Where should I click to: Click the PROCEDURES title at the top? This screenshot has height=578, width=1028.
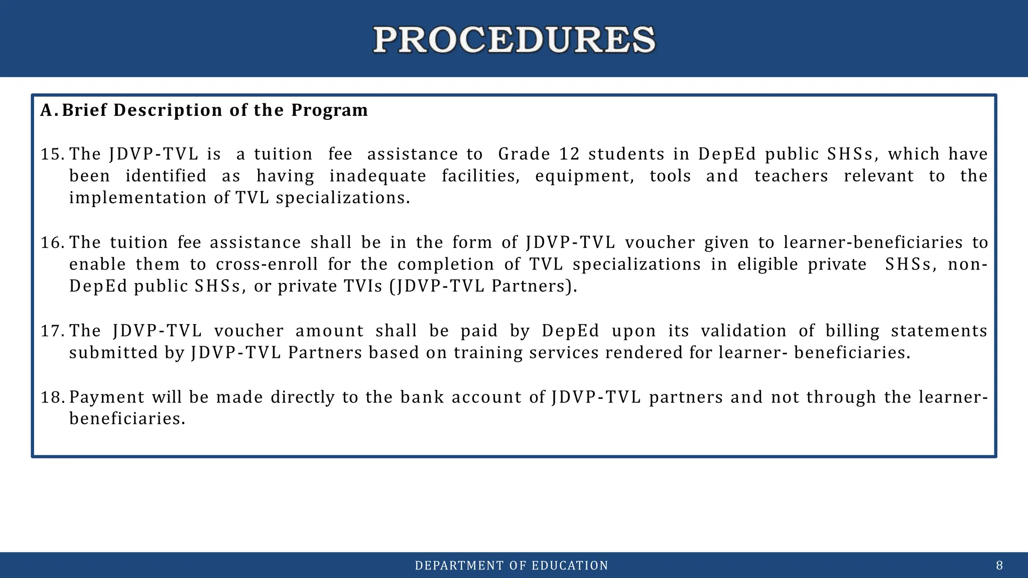pos(514,40)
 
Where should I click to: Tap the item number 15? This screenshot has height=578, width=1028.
pos(52,154)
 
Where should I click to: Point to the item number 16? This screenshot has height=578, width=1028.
pos(52,243)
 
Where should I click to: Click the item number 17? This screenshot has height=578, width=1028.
pos(52,331)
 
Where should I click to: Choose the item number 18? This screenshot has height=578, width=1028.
pos(52,397)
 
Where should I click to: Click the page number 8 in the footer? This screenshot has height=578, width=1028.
pos(999,566)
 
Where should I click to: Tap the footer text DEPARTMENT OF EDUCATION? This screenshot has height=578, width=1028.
pos(511,566)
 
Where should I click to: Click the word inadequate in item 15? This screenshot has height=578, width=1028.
pos(377,176)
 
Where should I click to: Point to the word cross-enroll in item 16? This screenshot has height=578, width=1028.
pos(267,264)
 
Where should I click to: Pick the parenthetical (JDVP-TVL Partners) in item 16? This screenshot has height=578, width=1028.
pos(483,286)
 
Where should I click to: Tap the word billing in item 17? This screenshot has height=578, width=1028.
pos(852,331)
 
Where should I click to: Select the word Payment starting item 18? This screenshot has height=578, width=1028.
pos(107,397)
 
